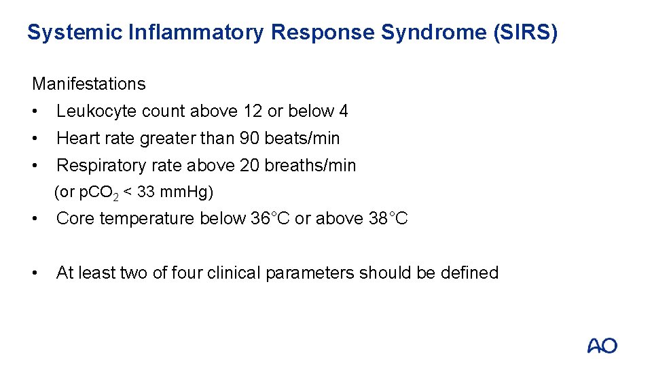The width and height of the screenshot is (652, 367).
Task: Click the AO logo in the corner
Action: pyautogui.click(x=602, y=345)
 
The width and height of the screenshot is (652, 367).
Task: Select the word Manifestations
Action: pyautogui.click(x=89, y=84)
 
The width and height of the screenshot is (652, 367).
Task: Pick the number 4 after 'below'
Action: pyautogui.click(x=344, y=111)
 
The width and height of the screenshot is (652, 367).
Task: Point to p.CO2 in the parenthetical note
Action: pyautogui.click(x=99, y=193)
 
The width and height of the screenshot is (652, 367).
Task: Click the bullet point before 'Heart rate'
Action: pyautogui.click(x=35, y=138)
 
